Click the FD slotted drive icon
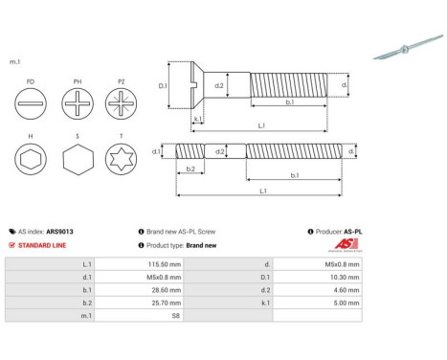[32, 103]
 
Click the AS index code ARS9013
[60, 232]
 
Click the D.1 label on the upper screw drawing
[163, 86]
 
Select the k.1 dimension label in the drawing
[197, 120]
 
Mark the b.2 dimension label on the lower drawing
[190, 169]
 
